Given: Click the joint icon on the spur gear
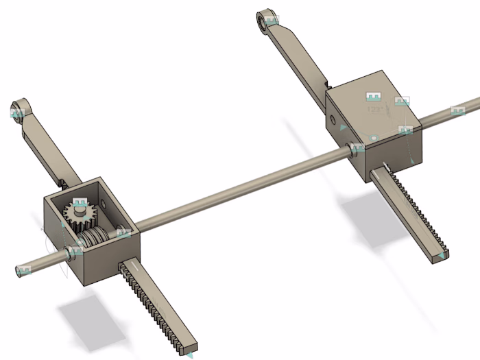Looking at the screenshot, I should [80, 204].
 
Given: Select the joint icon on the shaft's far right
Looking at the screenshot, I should [458, 111].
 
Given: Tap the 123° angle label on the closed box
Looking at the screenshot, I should [375, 108].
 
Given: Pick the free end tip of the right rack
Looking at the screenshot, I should [439, 256].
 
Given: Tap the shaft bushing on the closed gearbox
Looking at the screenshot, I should [356, 150].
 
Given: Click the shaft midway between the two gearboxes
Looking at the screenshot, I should [240, 187].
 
